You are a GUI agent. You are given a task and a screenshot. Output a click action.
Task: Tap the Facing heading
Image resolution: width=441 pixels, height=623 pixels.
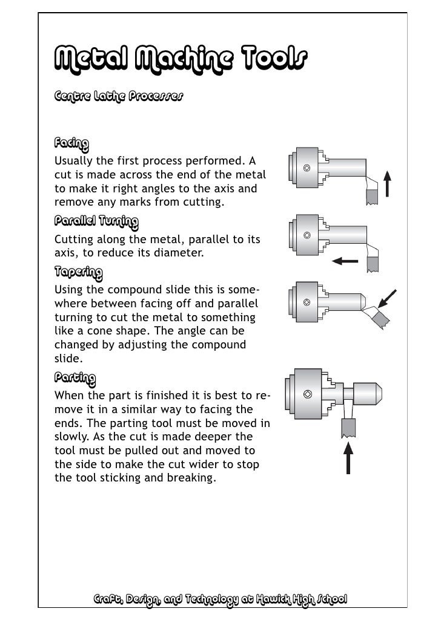click(x=71, y=144)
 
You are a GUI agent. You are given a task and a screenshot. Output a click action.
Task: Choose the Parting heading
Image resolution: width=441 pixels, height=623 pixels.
click(x=75, y=379)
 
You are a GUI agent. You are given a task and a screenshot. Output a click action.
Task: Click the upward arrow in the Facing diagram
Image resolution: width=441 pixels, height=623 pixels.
click(x=388, y=183)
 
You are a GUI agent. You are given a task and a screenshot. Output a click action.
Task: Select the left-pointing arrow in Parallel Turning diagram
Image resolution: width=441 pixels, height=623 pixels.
click(x=346, y=261)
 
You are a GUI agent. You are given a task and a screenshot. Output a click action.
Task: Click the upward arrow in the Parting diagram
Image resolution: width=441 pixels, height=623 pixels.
click(x=349, y=457)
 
